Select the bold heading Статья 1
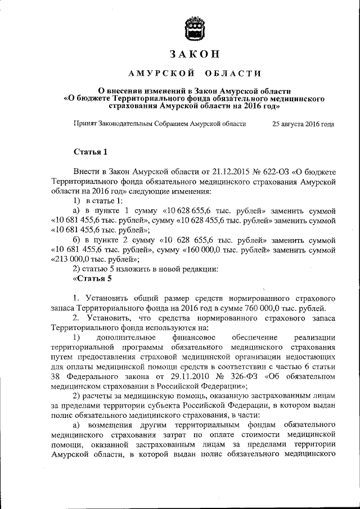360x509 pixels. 90,152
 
